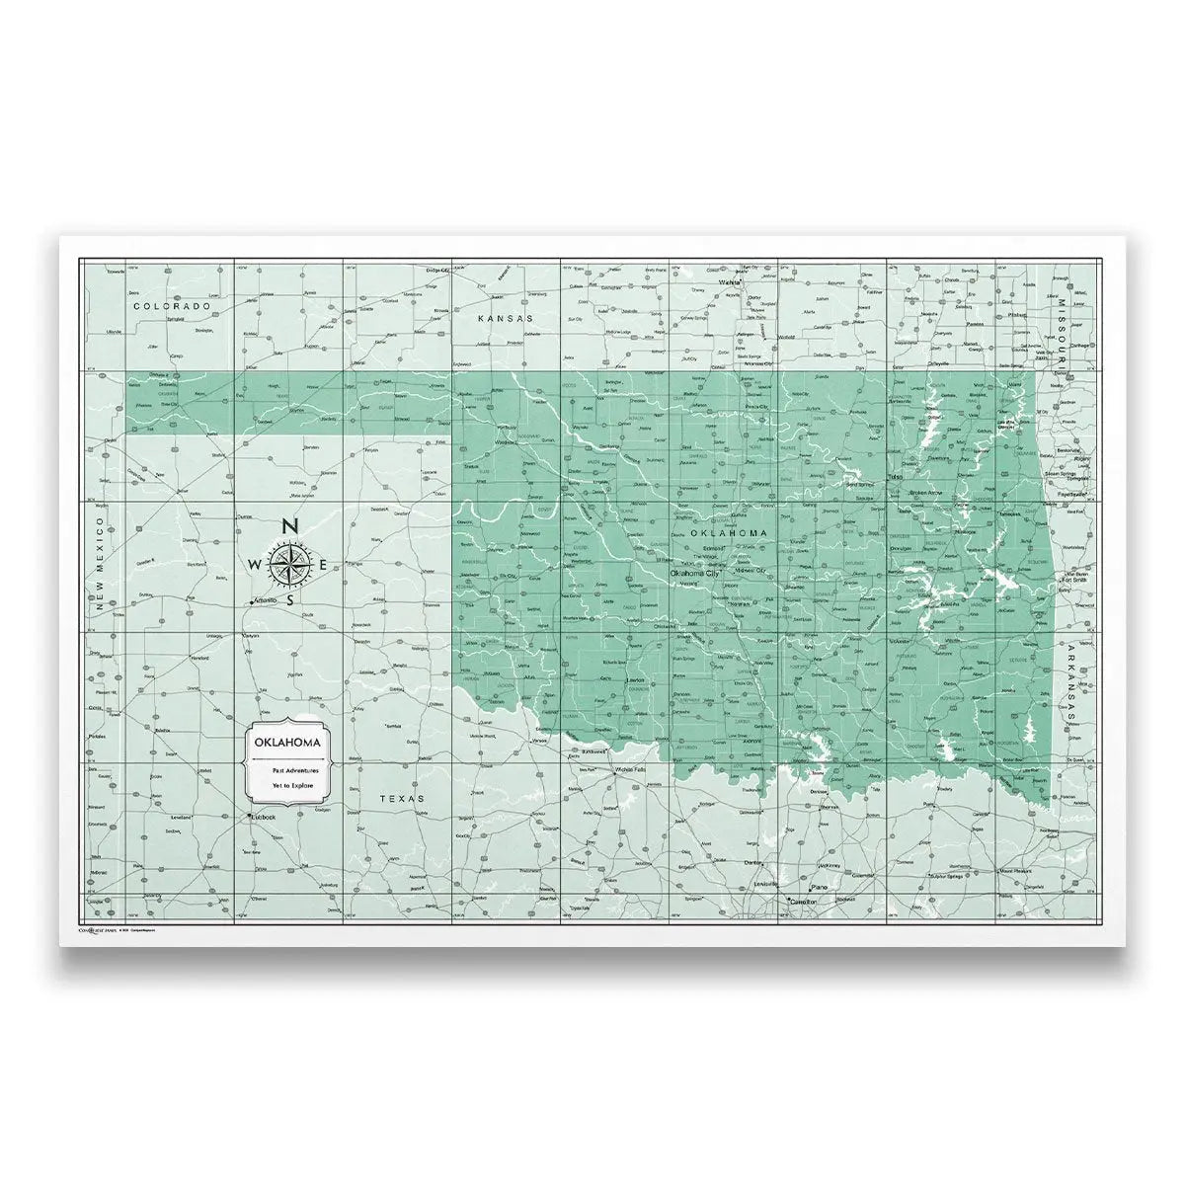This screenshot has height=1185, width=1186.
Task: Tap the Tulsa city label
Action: [x=896, y=477]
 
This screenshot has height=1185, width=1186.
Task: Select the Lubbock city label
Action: [x=264, y=817]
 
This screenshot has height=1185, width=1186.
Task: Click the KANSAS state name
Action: [x=504, y=319]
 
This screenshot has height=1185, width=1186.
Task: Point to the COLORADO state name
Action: [x=173, y=307]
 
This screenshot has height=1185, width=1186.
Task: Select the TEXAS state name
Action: [x=405, y=798]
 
